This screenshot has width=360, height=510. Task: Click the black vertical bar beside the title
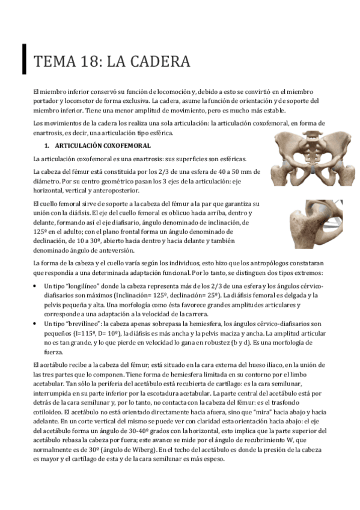click(24, 60)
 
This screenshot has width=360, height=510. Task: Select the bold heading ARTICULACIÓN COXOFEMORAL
click(102, 146)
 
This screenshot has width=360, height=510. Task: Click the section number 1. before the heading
click(47, 146)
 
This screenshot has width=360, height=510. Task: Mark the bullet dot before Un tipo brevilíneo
click(38, 324)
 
